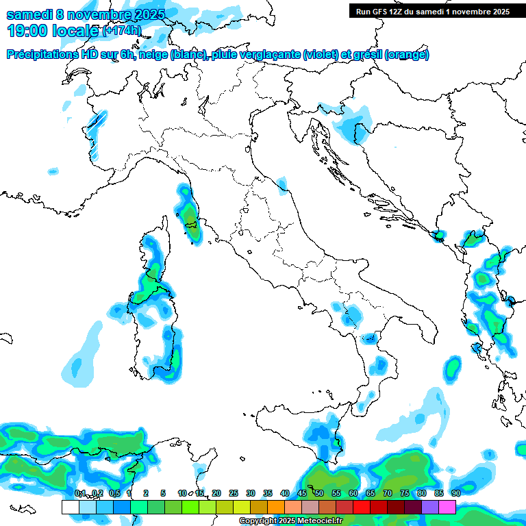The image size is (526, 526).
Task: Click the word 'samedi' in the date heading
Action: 28,14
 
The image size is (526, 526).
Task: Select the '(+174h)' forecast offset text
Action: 121,31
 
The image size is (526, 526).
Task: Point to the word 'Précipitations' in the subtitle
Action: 42,55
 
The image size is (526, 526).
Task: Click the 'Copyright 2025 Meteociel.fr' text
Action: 290,521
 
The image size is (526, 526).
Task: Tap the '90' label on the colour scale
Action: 455,493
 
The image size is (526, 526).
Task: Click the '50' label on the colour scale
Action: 319,493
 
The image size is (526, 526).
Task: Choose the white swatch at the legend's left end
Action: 70,507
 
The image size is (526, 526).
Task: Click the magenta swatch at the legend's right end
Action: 447,507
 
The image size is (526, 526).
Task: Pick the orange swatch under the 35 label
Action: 275,507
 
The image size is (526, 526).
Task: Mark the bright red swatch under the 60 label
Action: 362,507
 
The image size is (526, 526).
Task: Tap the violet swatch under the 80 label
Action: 430,507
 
